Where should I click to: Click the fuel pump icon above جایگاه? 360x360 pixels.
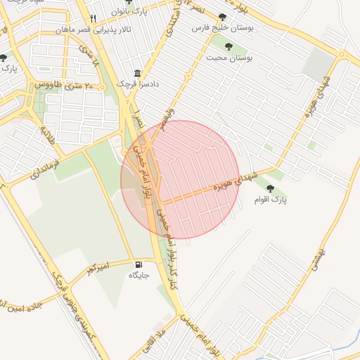tap(137, 264)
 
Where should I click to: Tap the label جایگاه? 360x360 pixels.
tap(139, 275)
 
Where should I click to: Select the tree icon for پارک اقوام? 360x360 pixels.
tap(270, 188)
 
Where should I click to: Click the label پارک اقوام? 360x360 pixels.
tap(271, 200)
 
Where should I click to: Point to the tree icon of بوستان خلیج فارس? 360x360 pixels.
tap(223, 18)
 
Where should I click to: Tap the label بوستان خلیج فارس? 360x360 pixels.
tap(223, 30)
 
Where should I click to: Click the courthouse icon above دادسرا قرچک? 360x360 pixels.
tap(136, 74)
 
